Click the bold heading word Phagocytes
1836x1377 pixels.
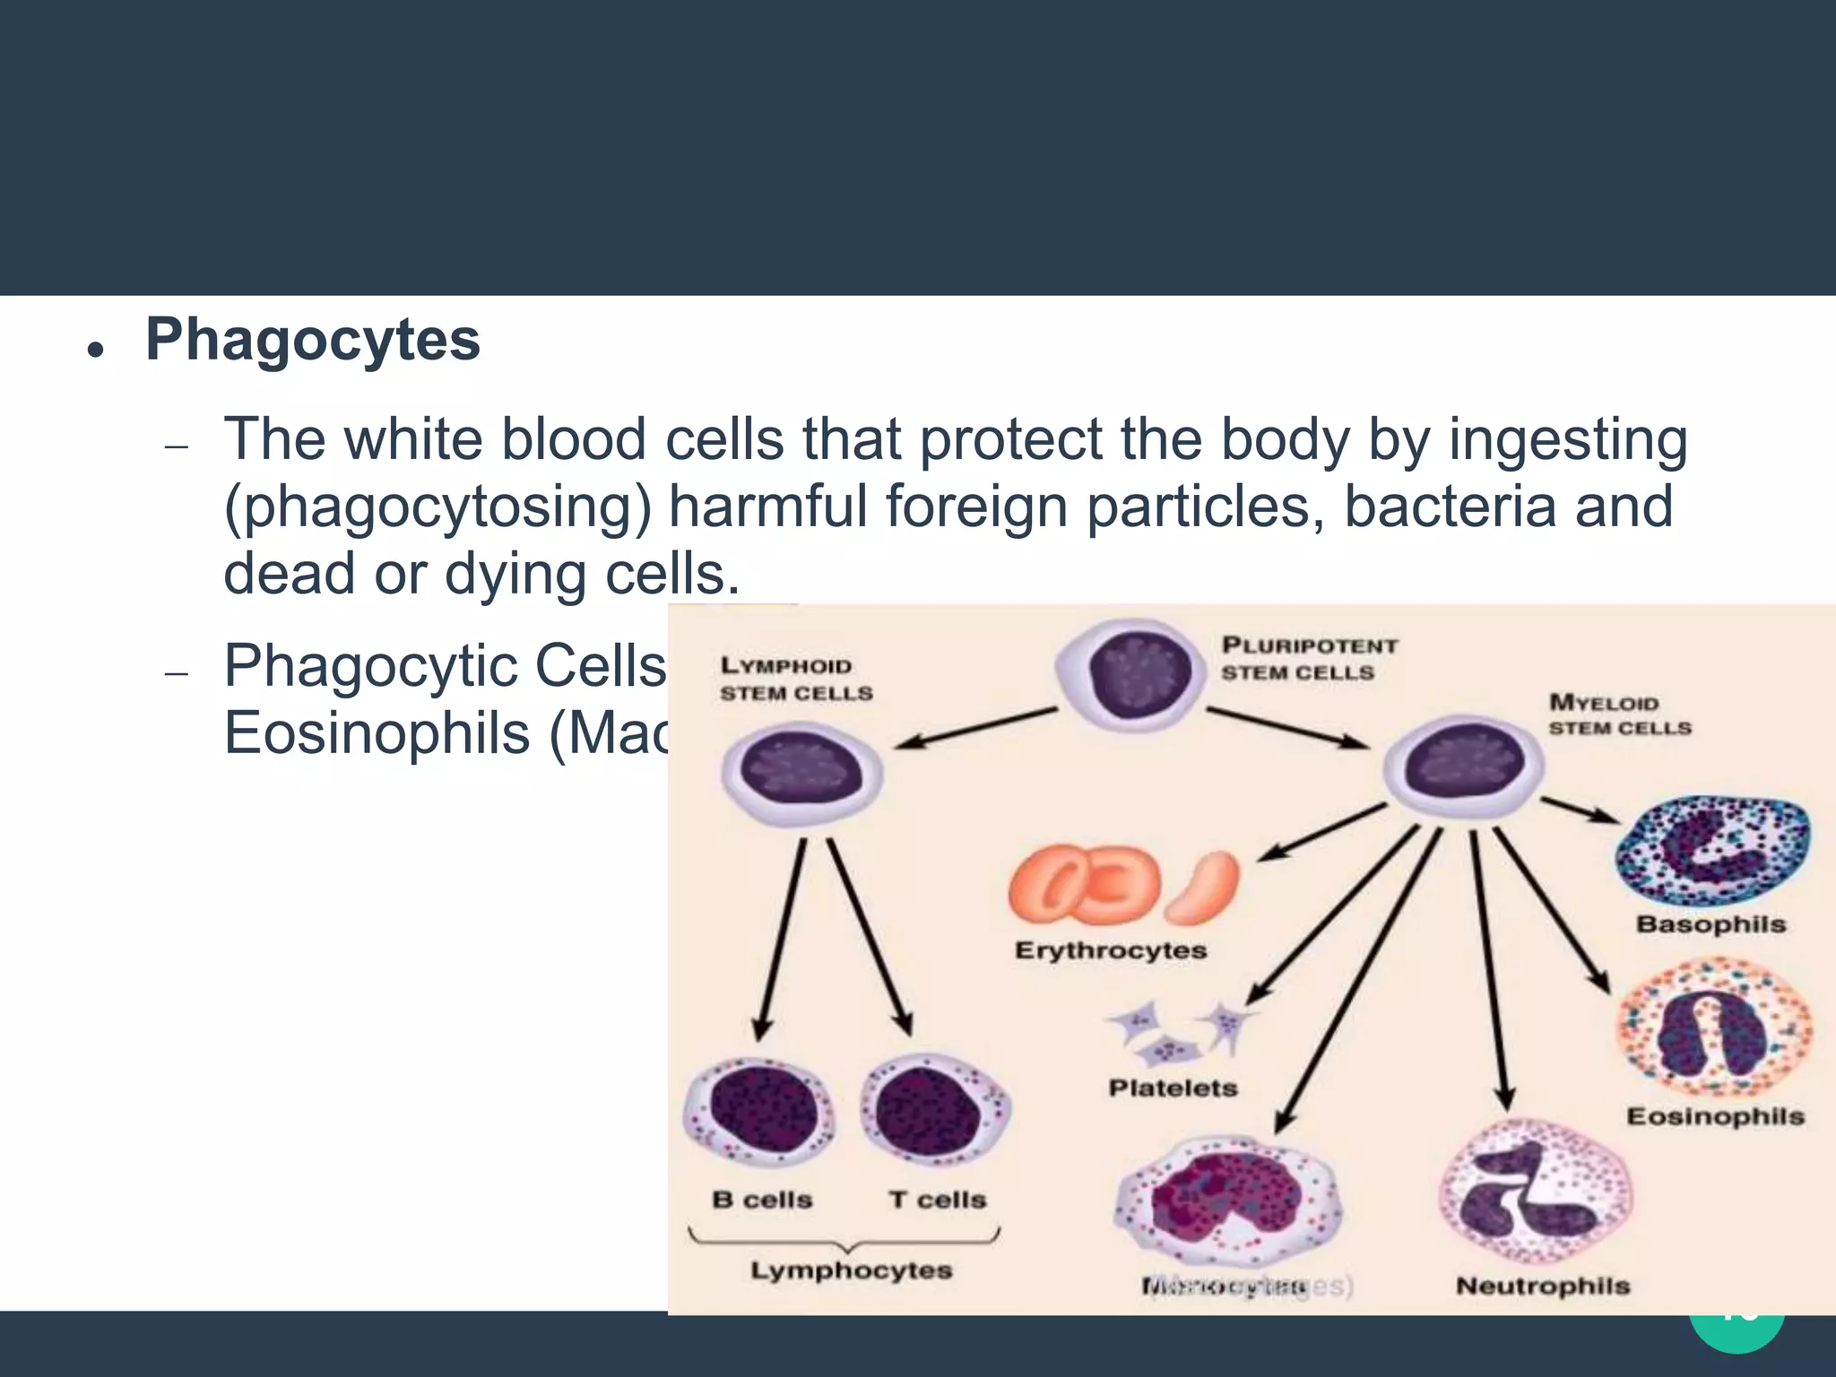coord(312,341)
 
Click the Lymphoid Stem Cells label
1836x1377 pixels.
coord(795,679)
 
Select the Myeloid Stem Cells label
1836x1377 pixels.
coord(1619,714)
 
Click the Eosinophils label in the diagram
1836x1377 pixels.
coord(1715,1116)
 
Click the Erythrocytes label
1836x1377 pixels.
coord(1110,950)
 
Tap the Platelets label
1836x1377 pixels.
coord(1173,1088)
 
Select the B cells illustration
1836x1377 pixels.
coord(758,1112)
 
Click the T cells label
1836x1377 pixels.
coord(937,1199)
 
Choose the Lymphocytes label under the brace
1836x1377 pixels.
coord(851,1270)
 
